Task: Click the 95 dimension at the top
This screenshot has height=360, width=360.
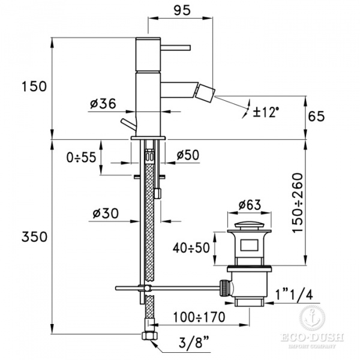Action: click(182, 10)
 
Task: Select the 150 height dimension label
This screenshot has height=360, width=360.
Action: click(34, 86)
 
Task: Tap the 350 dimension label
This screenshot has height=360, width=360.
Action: click(34, 236)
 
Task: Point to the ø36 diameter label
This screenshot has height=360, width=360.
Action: click(103, 104)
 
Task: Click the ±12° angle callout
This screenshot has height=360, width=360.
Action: click(266, 112)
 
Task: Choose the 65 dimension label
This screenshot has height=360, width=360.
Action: click(316, 116)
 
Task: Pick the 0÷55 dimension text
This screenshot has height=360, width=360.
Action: click(81, 157)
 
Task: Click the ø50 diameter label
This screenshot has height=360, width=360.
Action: click(188, 155)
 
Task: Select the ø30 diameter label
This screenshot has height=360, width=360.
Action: click(106, 213)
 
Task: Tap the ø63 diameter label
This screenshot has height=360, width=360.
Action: click(250, 205)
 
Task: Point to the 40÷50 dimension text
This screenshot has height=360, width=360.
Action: click(191, 248)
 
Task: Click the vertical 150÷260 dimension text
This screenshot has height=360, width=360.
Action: click(298, 203)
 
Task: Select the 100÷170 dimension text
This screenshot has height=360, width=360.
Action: click(199, 317)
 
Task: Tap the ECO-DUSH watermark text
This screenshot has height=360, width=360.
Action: click(312, 337)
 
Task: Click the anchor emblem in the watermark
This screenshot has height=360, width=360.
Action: click(312, 318)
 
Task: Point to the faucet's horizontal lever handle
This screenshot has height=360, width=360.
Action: click(176, 47)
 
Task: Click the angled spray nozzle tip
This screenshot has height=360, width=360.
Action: click(206, 94)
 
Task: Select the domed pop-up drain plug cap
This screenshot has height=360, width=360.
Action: click(250, 224)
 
